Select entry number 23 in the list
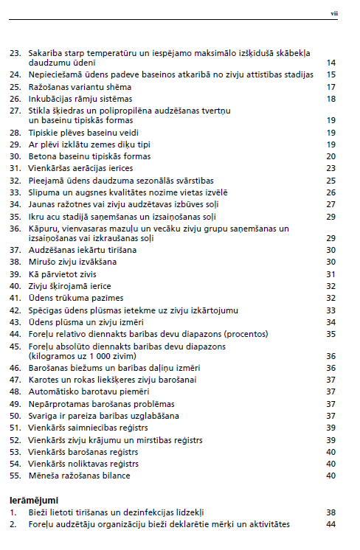click(14, 53)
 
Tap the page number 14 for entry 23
click(331, 63)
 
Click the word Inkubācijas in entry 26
click(49, 98)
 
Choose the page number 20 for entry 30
click(331, 156)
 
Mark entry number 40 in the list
click(14, 285)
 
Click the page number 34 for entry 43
click(331, 322)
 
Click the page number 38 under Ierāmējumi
click(331, 512)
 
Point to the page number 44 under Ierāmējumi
click(331, 523)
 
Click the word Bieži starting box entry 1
click(39, 512)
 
